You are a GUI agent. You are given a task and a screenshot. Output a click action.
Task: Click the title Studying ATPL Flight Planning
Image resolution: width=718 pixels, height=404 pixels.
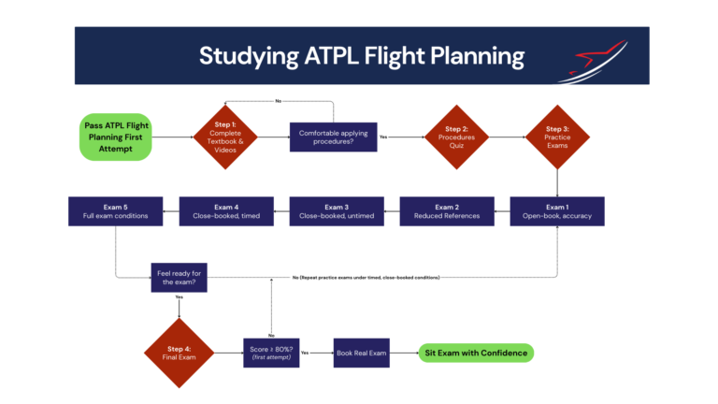[x=361, y=56]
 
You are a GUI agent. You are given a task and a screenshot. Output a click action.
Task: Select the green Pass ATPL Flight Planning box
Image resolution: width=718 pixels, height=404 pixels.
[x=115, y=136]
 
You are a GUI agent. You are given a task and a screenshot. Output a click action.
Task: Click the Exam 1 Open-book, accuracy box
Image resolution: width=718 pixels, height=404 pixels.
[x=557, y=211]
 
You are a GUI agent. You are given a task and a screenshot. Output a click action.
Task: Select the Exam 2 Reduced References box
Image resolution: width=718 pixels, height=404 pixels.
[x=446, y=211]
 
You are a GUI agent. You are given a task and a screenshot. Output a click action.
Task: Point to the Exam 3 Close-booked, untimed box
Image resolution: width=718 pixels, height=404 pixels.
[x=336, y=211]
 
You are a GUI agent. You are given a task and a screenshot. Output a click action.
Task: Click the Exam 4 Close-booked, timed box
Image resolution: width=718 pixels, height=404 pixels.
[x=225, y=211]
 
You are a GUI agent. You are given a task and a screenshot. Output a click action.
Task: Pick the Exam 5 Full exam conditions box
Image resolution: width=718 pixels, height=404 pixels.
[x=115, y=211]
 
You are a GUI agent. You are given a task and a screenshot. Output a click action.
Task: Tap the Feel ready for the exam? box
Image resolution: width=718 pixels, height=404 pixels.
[x=179, y=278]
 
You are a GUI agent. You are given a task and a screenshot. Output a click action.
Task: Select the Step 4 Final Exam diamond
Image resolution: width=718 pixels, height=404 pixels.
[x=179, y=353]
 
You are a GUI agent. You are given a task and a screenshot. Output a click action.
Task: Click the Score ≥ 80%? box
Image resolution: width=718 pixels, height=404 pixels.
[x=270, y=353]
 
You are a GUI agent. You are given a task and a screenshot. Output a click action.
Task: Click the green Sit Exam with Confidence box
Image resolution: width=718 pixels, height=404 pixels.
[x=476, y=353]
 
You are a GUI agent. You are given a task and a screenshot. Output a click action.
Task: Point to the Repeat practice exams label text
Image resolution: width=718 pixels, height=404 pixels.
[x=366, y=278]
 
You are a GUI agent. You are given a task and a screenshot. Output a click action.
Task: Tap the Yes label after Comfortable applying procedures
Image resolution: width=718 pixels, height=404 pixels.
[x=383, y=137]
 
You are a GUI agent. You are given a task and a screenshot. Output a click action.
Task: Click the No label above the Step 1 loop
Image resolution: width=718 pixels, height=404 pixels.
[x=279, y=100]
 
